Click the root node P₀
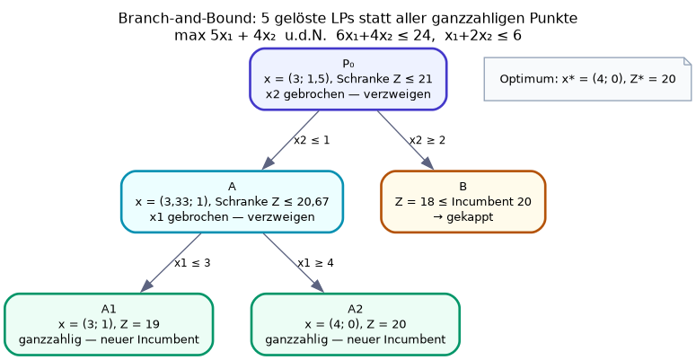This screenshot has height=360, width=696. [348, 79]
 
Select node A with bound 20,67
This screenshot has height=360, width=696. [232, 201]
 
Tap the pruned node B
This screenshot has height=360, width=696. [463, 201]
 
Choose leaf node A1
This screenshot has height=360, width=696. [109, 324]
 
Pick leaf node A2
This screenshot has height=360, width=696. [355, 324]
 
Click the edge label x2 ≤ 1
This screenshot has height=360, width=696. [312, 140]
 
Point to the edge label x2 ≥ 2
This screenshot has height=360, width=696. [427, 140]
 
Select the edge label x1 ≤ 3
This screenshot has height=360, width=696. [192, 263]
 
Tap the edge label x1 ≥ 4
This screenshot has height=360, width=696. [315, 263]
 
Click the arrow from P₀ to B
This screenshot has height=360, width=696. [405, 140]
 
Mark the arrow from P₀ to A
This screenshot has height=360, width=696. [290, 140]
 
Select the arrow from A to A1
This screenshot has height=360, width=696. [171, 263]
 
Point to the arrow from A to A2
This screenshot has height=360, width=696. [294, 263]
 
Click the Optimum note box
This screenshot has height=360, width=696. [587, 79]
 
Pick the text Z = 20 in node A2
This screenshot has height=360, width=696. [386, 324]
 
